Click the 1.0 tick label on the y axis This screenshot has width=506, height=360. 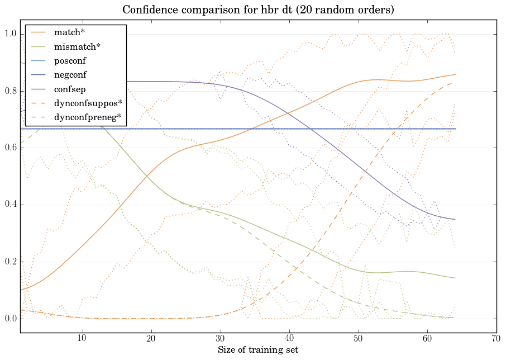coord(10,34)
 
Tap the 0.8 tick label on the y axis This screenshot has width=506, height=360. coord(10,91)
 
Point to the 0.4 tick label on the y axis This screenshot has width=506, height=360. coord(10,205)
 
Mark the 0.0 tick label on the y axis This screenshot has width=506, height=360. coord(10,319)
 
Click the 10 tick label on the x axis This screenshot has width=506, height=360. coord(82,338)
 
